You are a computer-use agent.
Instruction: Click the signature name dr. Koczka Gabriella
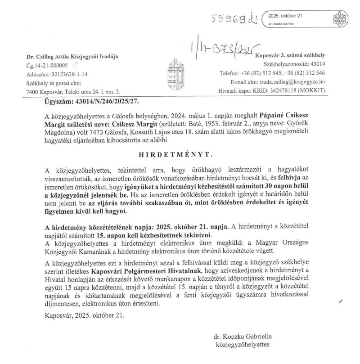click(x=243, y=336)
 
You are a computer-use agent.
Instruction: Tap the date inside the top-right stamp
click(x=286, y=16)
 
